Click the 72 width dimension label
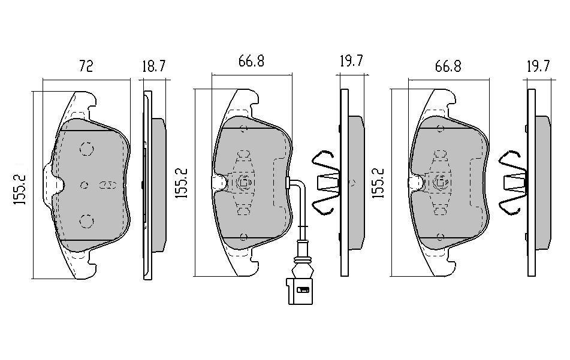(x=86, y=66)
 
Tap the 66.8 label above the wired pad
(x=251, y=61)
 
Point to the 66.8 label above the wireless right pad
(x=448, y=66)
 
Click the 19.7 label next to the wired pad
(x=351, y=61)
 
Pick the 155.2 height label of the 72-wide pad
(x=20, y=189)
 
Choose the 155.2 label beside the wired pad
(x=182, y=183)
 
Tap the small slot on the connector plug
(x=303, y=290)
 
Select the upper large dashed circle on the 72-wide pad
(x=86, y=149)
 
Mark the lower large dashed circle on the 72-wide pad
(x=86, y=221)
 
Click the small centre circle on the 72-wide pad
(x=85, y=185)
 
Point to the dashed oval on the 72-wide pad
(x=107, y=185)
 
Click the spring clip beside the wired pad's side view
(x=325, y=183)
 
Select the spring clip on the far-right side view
(x=513, y=183)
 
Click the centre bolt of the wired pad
(x=244, y=182)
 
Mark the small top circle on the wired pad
(x=244, y=128)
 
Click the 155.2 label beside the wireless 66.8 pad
(x=378, y=183)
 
